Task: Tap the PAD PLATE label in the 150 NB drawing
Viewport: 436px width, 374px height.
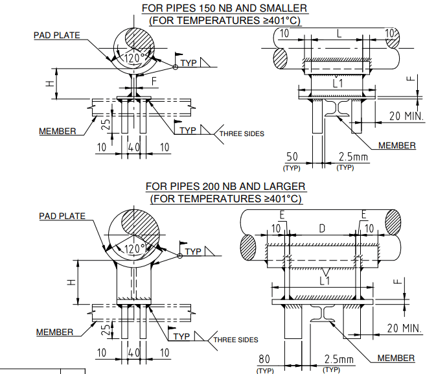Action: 57,35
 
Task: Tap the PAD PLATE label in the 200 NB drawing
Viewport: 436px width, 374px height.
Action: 62,216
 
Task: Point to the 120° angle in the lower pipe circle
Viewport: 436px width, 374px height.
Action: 136,248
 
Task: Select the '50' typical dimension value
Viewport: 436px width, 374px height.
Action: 292,157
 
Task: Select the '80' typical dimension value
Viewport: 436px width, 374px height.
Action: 265,358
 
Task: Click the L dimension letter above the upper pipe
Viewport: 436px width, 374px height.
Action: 338,33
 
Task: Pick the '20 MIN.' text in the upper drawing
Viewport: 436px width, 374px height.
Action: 406,116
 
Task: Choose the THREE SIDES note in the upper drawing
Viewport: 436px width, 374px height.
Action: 242,134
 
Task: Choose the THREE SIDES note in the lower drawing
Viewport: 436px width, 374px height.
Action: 236,340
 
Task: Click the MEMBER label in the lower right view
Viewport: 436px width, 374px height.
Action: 396,358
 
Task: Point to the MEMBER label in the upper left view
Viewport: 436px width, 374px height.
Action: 57,131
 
